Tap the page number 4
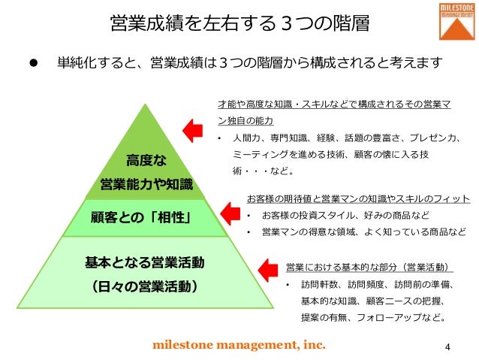coord(447,346)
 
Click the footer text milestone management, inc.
coord(239,345)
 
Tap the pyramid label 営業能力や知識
coord(146,184)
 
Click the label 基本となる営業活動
coord(145,262)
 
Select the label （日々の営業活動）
coord(145,286)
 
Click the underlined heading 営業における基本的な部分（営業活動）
coord(370,268)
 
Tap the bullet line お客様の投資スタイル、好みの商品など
coord(346,216)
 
